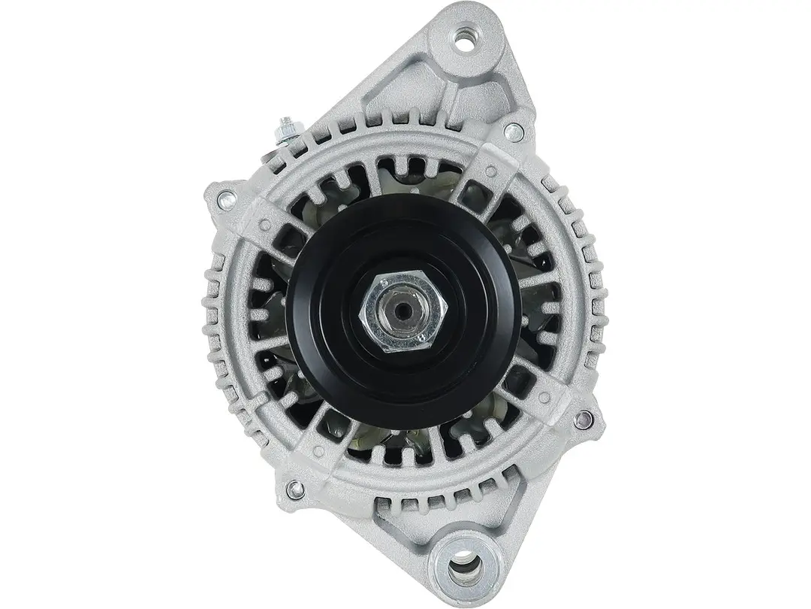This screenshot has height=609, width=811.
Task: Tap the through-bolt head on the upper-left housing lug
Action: click(x=223, y=199)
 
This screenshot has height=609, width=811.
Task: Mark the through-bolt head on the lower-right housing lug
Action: click(x=579, y=417)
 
